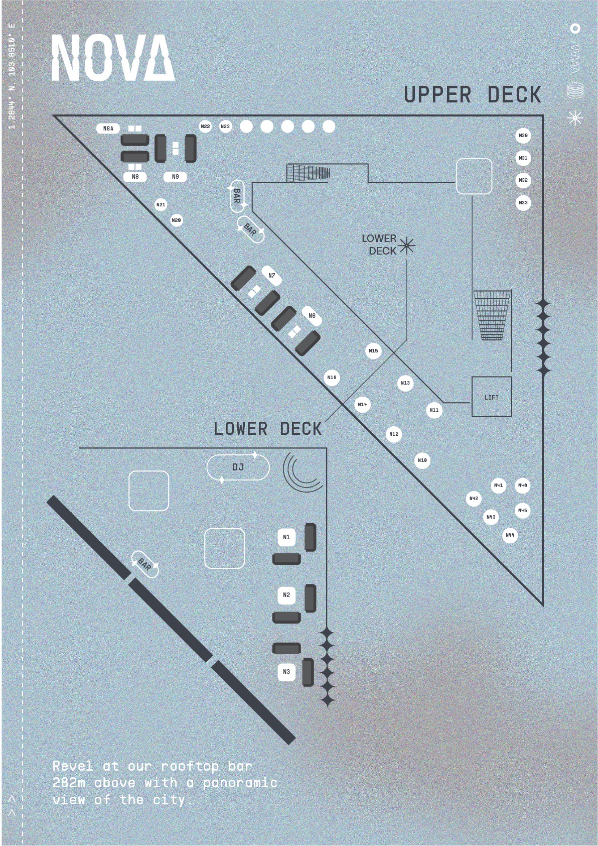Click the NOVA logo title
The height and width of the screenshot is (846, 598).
[x=113, y=57]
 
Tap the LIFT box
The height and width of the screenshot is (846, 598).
[x=492, y=397]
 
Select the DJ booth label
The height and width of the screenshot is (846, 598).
[x=238, y=467]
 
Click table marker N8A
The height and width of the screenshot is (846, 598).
[x=108, y=129]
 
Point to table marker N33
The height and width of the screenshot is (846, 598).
[x=523, y=203]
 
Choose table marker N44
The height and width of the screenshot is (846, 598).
[x=510, y=535]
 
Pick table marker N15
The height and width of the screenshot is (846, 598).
[x=373, y=351]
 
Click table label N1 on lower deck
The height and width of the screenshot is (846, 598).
[x=286, y=537]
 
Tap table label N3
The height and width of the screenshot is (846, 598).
[x=286, y=672]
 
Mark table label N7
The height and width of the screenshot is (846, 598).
[x=272, y=276]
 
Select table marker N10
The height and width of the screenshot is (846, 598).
[x=422, y=460]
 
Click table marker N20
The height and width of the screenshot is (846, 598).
[x=176, y=220]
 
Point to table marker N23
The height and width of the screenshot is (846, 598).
[x=225, y=127]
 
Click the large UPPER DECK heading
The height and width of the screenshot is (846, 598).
[x=473, y=95]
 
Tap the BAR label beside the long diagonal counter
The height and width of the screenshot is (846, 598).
[x=144, y=565]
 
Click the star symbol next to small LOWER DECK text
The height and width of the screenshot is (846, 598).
[x=406, y=246]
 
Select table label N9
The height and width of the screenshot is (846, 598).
[x=175, y=177]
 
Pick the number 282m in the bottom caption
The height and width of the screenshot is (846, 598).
[x=69, y=783]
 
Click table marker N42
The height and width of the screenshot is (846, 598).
[x=474, y=499]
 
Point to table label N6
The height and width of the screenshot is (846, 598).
[x=312, y=316]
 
